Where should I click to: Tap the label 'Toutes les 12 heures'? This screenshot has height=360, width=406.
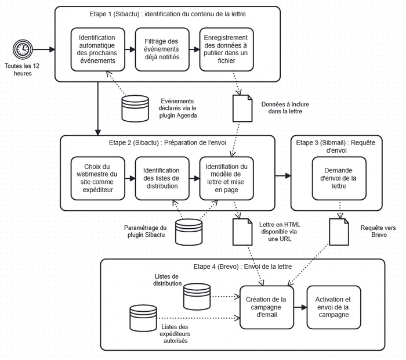[23, 70]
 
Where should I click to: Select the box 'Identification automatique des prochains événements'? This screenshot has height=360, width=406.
[97, 49]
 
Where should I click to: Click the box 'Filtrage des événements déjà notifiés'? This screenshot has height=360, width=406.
[161, 49]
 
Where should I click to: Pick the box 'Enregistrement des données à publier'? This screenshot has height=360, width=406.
[226, 49]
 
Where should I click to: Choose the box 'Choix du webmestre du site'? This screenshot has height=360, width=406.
[97, 178]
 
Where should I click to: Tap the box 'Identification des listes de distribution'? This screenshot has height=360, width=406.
[161, 178]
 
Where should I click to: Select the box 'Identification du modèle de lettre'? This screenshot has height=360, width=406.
[226, 178]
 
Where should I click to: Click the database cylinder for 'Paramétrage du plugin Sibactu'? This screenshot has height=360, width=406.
[190, 231]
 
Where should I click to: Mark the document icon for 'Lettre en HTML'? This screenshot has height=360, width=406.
[242, 231]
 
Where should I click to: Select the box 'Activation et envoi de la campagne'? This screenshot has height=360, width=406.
[332, 307]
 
